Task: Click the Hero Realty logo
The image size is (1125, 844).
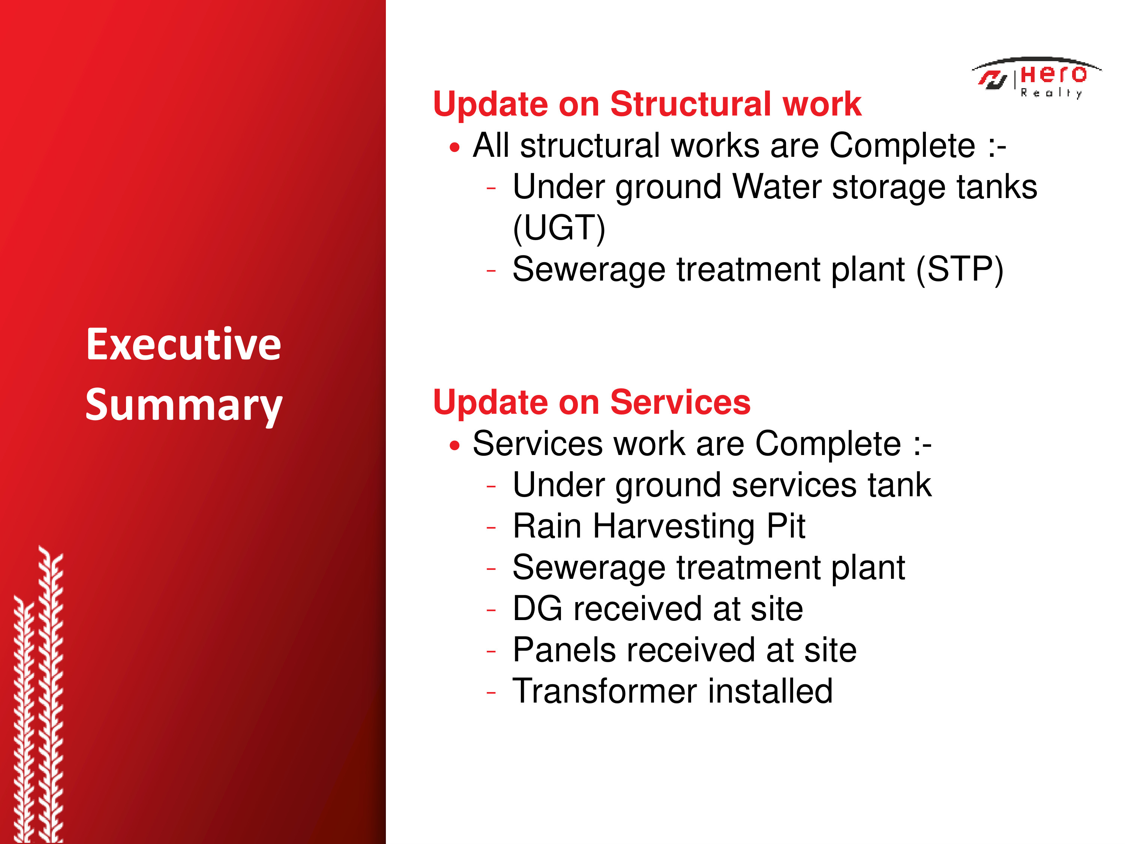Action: (1036, 78)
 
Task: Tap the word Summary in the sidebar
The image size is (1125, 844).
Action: (184, 405)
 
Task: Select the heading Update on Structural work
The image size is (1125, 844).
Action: (647, 104)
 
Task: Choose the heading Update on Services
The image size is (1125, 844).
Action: (591, 402)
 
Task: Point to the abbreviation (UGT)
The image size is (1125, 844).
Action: (559, 228)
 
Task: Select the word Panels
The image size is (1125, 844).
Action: (564, 650)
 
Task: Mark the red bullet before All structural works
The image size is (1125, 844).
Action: (454, 147)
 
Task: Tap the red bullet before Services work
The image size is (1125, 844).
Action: (454, 446)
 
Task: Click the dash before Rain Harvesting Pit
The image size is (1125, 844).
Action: (491, 527)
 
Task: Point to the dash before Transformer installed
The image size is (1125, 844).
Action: (491, 692)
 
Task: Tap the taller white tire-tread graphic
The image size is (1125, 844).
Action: (51, 694)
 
